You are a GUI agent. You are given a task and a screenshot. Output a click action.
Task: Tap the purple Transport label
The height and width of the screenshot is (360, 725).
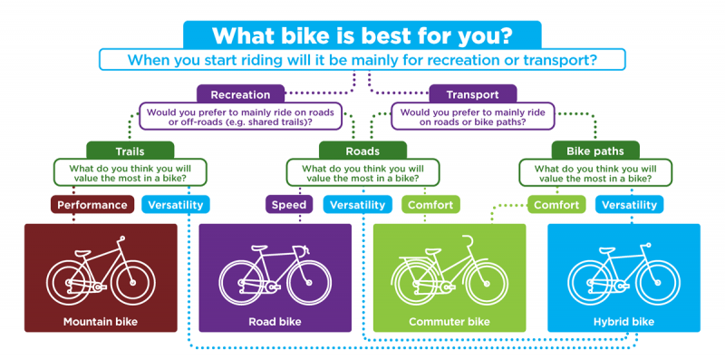tap(472, 93)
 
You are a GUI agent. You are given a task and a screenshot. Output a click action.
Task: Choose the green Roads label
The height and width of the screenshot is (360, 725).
tap(362, 151)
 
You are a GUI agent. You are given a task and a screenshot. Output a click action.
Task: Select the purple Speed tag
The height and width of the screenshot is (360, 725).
tap(289, 205)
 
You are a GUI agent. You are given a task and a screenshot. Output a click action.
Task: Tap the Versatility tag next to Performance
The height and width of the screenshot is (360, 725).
tap(176, 205)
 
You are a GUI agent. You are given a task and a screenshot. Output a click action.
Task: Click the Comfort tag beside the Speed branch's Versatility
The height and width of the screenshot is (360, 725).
tap(430, 205)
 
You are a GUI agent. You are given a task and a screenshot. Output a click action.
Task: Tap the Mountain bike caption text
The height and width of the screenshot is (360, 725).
tap(100, 321)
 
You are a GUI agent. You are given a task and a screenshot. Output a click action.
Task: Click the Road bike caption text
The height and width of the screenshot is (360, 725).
tap(275, 321)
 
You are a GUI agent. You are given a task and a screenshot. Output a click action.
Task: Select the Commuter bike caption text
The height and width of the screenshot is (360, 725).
tap(449, 321)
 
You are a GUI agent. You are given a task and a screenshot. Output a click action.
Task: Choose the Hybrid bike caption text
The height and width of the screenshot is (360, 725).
tap(624, 321)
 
